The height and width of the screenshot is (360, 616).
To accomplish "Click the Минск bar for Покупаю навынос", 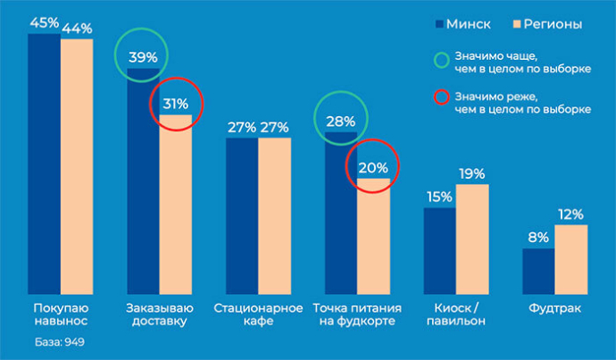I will [x=45, y=165].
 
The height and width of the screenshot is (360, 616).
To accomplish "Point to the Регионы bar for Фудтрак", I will [x=571, y=260].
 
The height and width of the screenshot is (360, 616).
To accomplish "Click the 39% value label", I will [x=143, y=57].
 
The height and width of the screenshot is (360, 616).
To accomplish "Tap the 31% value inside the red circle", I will [x=175, y=104].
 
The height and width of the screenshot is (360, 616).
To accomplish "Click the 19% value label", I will [x=472, y=173].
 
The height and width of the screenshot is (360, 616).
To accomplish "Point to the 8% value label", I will [x=538, y=238].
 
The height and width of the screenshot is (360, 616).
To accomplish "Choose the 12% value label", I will [x=571, y=214].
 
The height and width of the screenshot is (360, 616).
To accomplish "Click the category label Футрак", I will [x=554, y=309].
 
